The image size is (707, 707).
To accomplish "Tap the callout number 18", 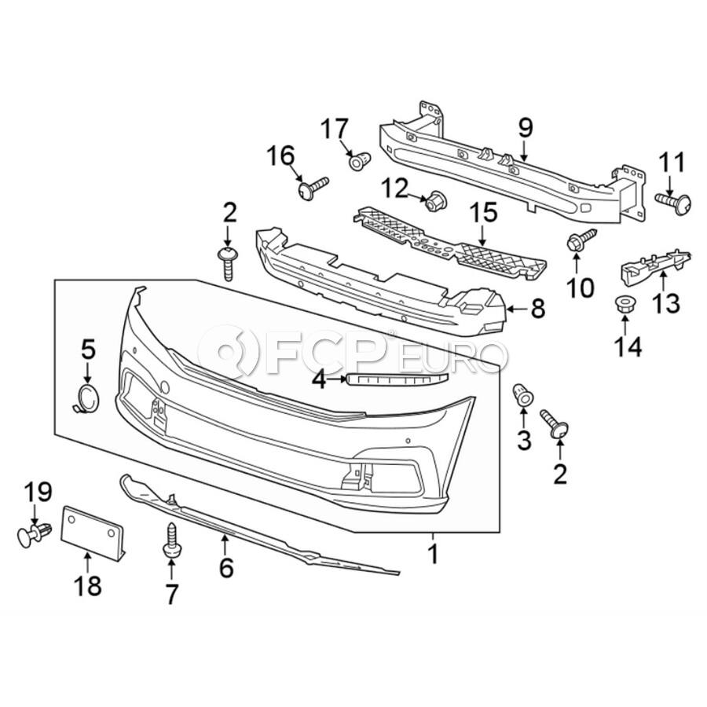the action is coord(88,586).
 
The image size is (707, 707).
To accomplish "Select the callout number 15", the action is coord(483,212).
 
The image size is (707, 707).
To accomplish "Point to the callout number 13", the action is coord(665,302).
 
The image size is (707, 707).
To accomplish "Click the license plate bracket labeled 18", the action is coord(93,532).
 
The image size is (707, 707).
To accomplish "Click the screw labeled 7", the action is coord(171,541).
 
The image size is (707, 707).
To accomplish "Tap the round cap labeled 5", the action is coord(87,398).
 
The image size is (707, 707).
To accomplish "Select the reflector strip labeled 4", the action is coord(397,379).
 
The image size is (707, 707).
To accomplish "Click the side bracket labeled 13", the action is coord(655,266).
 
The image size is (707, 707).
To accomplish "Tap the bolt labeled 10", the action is coord(581,240).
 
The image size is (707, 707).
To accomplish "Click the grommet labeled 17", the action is coord(360,160).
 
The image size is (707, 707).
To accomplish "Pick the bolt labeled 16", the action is coord(313,186).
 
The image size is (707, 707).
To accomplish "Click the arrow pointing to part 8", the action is coord(517,310).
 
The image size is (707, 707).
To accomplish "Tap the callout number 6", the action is coord(226,567).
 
